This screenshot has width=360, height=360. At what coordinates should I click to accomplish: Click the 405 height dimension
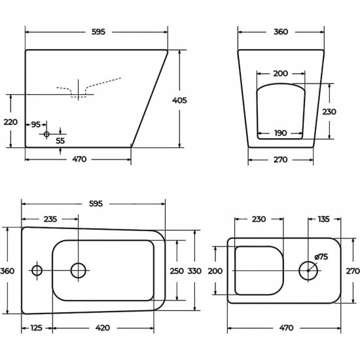tap(179, 100)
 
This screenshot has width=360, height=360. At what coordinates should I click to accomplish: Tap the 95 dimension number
tap(35, 124)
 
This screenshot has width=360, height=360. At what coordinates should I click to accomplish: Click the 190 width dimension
tap(280, 133)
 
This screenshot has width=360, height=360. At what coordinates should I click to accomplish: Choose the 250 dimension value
tap(177, 271)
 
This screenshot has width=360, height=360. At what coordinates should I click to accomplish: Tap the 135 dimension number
tap(323, 219)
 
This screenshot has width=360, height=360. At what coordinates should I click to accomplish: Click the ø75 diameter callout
tap(321, 257)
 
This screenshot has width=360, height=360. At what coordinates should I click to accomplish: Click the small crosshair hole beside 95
tap(46, 134)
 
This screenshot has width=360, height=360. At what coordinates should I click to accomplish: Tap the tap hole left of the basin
tap(37, 270)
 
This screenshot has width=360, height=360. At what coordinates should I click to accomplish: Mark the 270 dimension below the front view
tap(280, 159)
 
